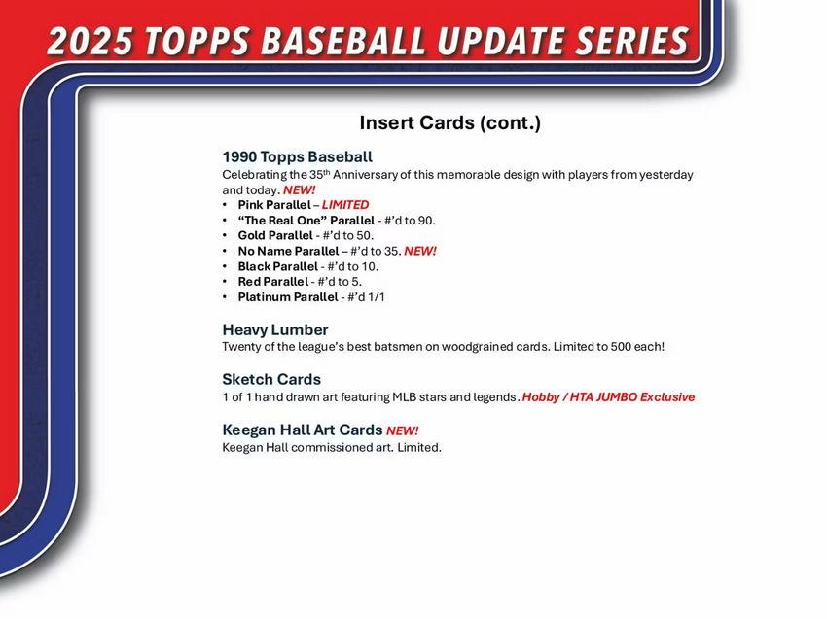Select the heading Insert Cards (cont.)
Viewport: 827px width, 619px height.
(449, 122)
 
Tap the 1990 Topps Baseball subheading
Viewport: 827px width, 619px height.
(297, 156)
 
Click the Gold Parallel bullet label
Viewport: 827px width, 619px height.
(277, 235)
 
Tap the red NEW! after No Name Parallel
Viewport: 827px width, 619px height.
(420, 251)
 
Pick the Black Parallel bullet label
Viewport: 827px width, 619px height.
(277, 266)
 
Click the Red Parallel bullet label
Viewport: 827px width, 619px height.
(272, 282)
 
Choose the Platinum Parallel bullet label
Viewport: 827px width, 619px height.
(287, 297)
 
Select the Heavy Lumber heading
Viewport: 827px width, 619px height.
(275, 329)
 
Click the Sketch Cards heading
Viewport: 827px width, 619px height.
(271, 379)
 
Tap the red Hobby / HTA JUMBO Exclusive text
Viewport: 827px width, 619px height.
(608, 397)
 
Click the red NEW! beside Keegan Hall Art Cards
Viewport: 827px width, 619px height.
(402, 430)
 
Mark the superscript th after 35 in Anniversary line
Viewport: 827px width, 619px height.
(327, 172)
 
